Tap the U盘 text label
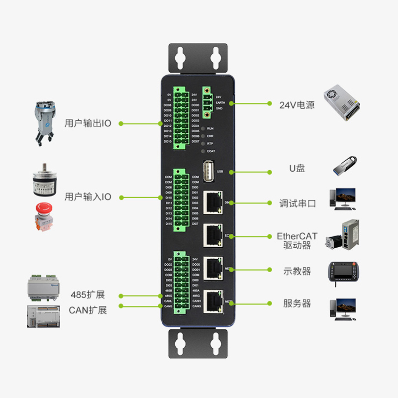(x=297, y=168)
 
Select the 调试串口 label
(x=298, y=203)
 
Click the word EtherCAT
(x=297, y=236)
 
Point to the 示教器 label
(x=297, y=271)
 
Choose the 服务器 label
(x=297, y=303)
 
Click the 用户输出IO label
(x=88, y=123)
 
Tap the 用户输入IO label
(x=88, y=197)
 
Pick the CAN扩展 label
(x=88, y=310)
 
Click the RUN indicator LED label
(x=210, y=128)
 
